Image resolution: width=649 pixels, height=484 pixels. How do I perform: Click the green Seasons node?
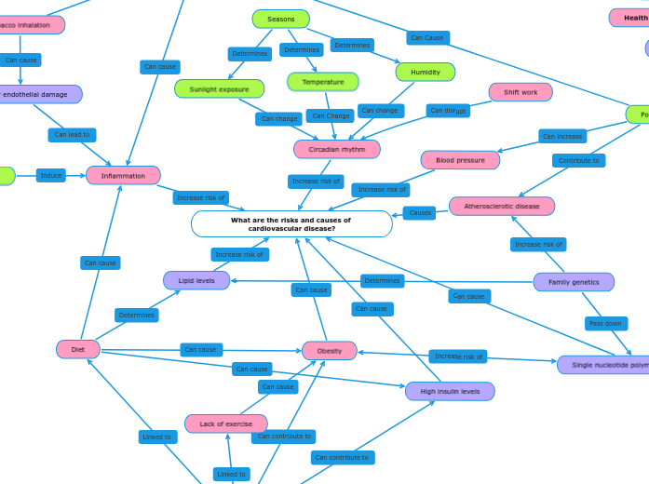tap(280, 19)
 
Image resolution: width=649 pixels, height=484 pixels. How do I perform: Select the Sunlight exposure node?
tap(219, 89)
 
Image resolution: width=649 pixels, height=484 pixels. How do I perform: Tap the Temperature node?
tap(322, 82)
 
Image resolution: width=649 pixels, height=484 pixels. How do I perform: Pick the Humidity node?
tap(425, 72)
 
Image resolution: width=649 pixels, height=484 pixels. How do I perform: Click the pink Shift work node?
tap(520, 92)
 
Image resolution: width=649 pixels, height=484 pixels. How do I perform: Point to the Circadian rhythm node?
tap(336, 149)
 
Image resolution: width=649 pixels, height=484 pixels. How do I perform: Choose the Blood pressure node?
tap(460, 160)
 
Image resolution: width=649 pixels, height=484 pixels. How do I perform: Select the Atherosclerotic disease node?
tap(501, 206)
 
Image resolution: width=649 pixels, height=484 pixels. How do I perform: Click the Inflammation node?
tap(123, 175)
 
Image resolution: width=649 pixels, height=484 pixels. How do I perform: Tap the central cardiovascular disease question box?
tap(291, 224)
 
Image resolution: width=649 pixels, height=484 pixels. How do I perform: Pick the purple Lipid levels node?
tap(196, 280)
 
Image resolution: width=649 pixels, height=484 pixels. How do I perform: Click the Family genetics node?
tap(573, 282)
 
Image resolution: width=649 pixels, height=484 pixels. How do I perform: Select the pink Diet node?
tap(78, 349)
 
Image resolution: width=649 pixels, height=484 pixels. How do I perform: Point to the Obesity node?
tap(329, 351)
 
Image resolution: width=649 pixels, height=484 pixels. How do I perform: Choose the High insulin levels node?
tap(450, 391)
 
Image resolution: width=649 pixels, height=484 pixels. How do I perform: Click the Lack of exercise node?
tap(225, 423)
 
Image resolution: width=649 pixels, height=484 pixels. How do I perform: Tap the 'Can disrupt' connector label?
tap(448, 111)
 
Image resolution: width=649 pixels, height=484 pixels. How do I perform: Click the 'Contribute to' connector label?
tap(578, 161)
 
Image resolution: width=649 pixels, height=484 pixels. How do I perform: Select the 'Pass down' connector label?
tap(605, 324)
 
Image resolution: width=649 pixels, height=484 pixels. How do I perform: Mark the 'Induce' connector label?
tap(51, 175)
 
